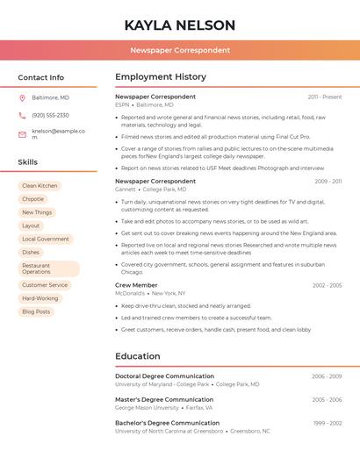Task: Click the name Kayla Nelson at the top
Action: (x=180, y=25)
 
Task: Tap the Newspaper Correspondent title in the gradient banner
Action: (x=180, y=50)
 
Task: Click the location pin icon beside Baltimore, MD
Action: (x=22, y=97)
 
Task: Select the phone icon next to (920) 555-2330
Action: (x=22, y=115)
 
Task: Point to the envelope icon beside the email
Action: (x=22, y=134)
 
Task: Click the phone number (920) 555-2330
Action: (x=50, y=115)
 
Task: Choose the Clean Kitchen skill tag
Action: (x=40, y=186)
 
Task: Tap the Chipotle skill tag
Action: (x=32, y=199)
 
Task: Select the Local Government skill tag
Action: (x=45, y=239)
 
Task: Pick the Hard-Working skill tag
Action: (x=40, y=298)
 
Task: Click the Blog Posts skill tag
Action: (x=36, y=311)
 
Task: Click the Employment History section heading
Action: (x=161, y=77)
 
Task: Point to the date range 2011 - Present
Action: (x=325, y=97)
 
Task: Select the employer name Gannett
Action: (x=125, y=189)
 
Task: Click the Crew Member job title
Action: (x=136, y=285)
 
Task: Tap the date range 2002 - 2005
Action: (x=327, y=285)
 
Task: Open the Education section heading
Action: (x=137, y=356)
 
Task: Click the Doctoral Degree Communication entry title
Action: (x=164, y=376)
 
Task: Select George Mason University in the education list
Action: (x=147, y=407)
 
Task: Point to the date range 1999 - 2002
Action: (x=327, y=423)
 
